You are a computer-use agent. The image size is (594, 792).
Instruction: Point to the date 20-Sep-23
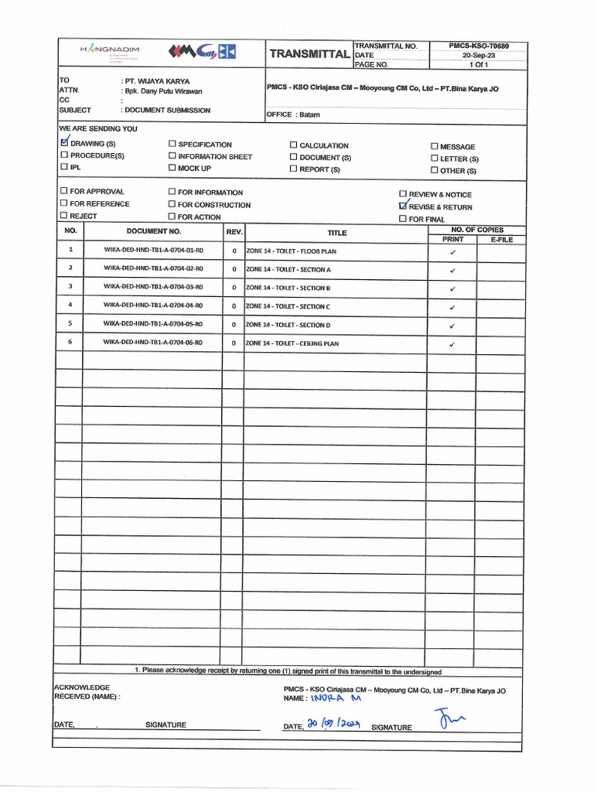(x=479, y=56)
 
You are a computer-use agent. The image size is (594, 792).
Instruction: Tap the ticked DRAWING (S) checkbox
(x=64, y=143)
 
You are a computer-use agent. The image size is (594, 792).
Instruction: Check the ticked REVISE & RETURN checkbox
(x=402, y=207)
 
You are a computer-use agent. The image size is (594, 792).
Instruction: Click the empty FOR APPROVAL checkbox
(x=64, y=191)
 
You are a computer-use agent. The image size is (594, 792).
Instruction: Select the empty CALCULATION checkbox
(x=294, y=145)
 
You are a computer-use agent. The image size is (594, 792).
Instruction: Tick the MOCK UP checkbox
(x=172, y=168)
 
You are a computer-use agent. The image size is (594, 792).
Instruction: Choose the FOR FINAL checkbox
(x=402, y=219)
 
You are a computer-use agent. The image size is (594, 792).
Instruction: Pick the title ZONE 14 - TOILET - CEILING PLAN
(x=292, y=343)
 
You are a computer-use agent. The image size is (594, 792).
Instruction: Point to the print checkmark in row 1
(x=452, y=252)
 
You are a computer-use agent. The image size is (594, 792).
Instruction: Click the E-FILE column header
(x=500, y=240)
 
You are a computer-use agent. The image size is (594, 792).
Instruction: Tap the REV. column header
(x=234, y=231)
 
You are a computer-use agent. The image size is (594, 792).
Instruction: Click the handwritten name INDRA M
(x=335, y=698)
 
